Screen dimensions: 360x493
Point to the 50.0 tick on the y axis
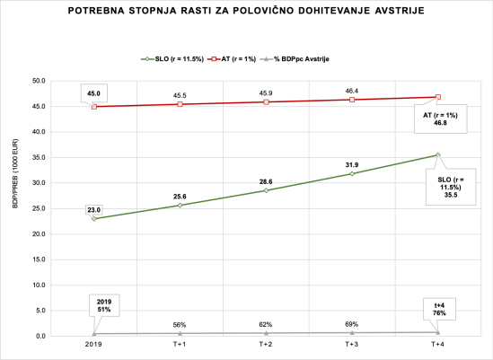click(40, 81)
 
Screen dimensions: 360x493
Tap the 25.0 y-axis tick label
click(40, 208)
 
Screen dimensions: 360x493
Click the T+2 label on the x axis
click(266, 344)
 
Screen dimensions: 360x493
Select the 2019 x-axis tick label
click(94, 344)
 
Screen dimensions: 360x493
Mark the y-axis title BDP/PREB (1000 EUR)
click(15, 208)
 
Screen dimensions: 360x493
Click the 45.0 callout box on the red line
click(93, 92)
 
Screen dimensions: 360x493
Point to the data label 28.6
click(266, 180)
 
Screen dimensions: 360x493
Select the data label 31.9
click(351, 164)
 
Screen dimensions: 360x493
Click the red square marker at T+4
click(437, 97)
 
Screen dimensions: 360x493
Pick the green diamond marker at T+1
click(180, 205)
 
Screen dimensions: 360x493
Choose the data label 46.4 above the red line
click(351, 91)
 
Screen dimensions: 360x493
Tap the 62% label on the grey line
click(266, 324)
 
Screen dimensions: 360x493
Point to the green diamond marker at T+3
click(351, 173)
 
